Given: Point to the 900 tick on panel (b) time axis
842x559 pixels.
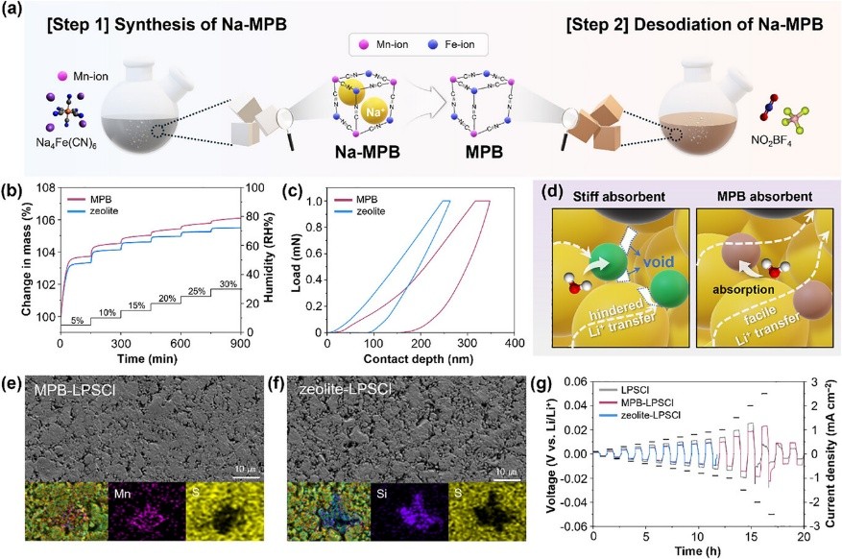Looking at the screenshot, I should [x=239, y=343].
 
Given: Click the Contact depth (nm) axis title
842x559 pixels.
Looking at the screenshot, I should [x=420, y=358].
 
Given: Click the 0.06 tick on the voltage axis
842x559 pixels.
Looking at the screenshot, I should [x=572, y=381].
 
